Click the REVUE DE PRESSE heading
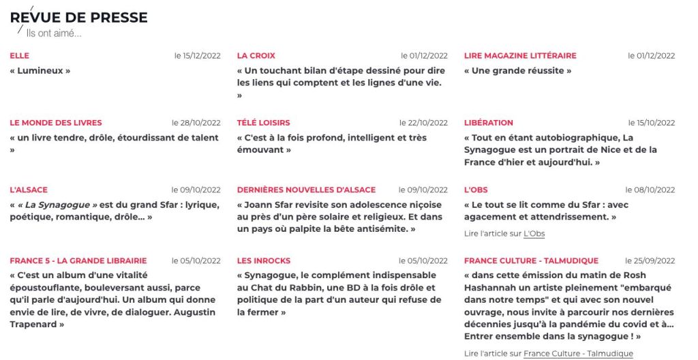[78, 18]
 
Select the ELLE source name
[20, 56]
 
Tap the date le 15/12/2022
[197, 56]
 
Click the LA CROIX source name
[256, 56]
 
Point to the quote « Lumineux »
[40, 70]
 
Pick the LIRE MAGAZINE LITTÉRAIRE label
[520, 56]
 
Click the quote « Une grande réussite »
[517, 70]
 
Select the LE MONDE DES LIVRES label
[56, 123]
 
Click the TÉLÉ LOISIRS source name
[263, 123]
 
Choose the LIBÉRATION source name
[489, 123]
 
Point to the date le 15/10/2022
[651, 123]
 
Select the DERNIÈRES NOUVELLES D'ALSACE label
[306, 190]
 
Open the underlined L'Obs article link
[534, 234]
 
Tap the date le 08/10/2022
[650, 190]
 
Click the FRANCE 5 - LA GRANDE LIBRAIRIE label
[78, 260]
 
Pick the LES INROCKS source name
[264, 260]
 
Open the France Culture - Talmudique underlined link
[578, 354]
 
